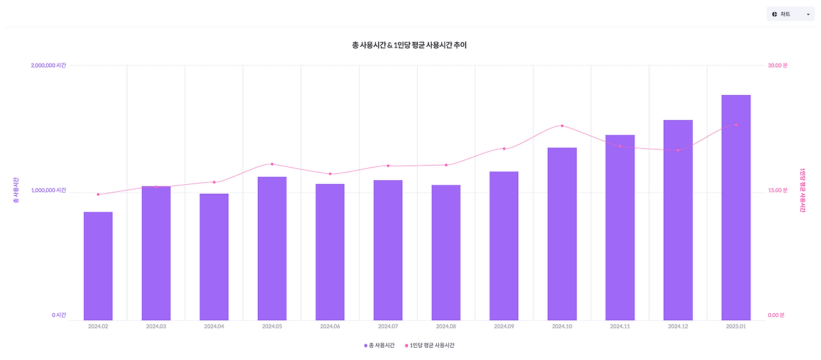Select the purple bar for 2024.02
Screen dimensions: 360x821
[x=98, y=266]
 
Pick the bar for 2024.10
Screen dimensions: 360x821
[x=562, y=234]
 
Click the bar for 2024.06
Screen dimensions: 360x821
[x=330, y=252]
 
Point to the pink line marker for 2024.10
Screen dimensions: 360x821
[x=562, y=126]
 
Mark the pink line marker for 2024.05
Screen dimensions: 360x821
[x=272, y=164]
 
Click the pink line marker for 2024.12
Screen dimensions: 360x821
[x=678, y=150]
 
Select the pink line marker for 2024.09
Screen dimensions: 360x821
[x=504, y=149]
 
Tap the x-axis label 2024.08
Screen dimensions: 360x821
[x=446, y=327]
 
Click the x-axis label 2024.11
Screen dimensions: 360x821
[x=620, y=327]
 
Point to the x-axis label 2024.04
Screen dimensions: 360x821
[x=214, y=327]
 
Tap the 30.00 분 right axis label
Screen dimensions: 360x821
[x=778, y=65]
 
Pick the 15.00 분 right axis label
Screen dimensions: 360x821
[x=778, y=191]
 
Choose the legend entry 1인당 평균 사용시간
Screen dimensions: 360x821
[x=430, y=345]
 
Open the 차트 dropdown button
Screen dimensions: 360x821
[x=790, y=14]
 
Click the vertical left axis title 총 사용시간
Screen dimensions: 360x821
[x=15, y=191]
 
